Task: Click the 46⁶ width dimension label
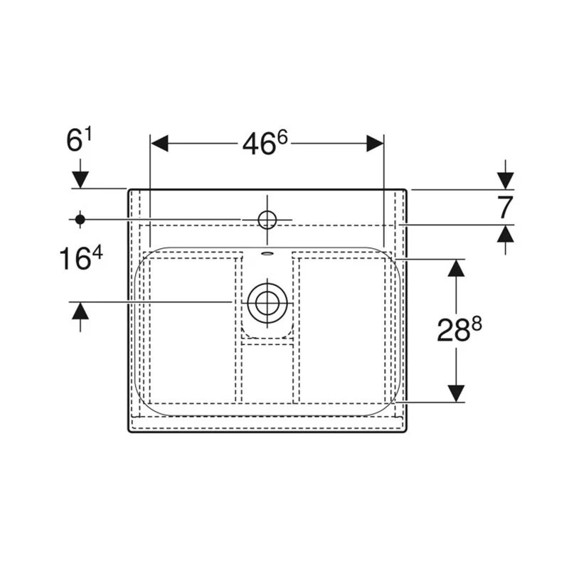265,143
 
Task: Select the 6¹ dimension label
79,140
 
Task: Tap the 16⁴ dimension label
80,258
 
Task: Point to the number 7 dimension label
504,207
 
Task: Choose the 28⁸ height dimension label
459,329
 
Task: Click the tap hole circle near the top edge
267,220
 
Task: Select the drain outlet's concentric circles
267,303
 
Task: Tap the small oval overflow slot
267,254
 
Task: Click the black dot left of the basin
80,220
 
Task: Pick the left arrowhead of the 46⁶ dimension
159,143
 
